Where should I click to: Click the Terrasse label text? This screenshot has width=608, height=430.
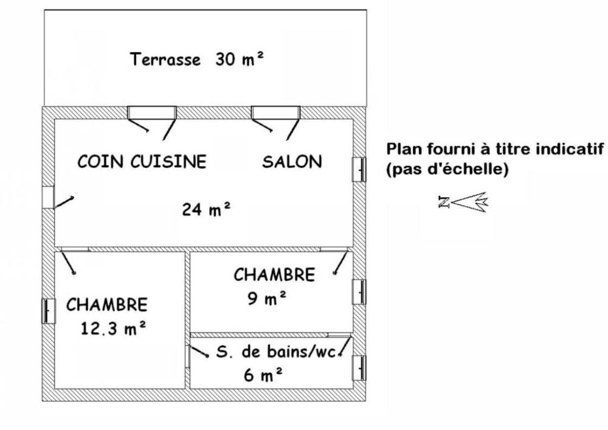[165, 60]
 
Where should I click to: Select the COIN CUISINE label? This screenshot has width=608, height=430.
[142, 162]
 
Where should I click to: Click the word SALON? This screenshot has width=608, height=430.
[292, 162]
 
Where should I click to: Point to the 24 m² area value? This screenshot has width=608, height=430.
[206, 210]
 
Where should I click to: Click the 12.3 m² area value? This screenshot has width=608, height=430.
[113, 329]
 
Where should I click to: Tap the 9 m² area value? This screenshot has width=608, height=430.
[267, 299]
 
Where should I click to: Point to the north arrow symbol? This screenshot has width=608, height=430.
[463, 203]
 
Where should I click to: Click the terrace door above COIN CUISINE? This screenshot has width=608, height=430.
[152, 113]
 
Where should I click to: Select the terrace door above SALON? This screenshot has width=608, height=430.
[276, 113]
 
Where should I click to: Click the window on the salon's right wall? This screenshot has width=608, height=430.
[360, 169]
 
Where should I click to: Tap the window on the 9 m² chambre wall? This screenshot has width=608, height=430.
[360, 291]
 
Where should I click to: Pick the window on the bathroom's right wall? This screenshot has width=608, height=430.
[360, 367]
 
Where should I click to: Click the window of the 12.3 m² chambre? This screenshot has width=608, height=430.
[47, 311]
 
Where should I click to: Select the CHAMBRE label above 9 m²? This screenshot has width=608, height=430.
[275, 275]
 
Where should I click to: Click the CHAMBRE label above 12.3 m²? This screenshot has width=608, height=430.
[108, 304]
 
